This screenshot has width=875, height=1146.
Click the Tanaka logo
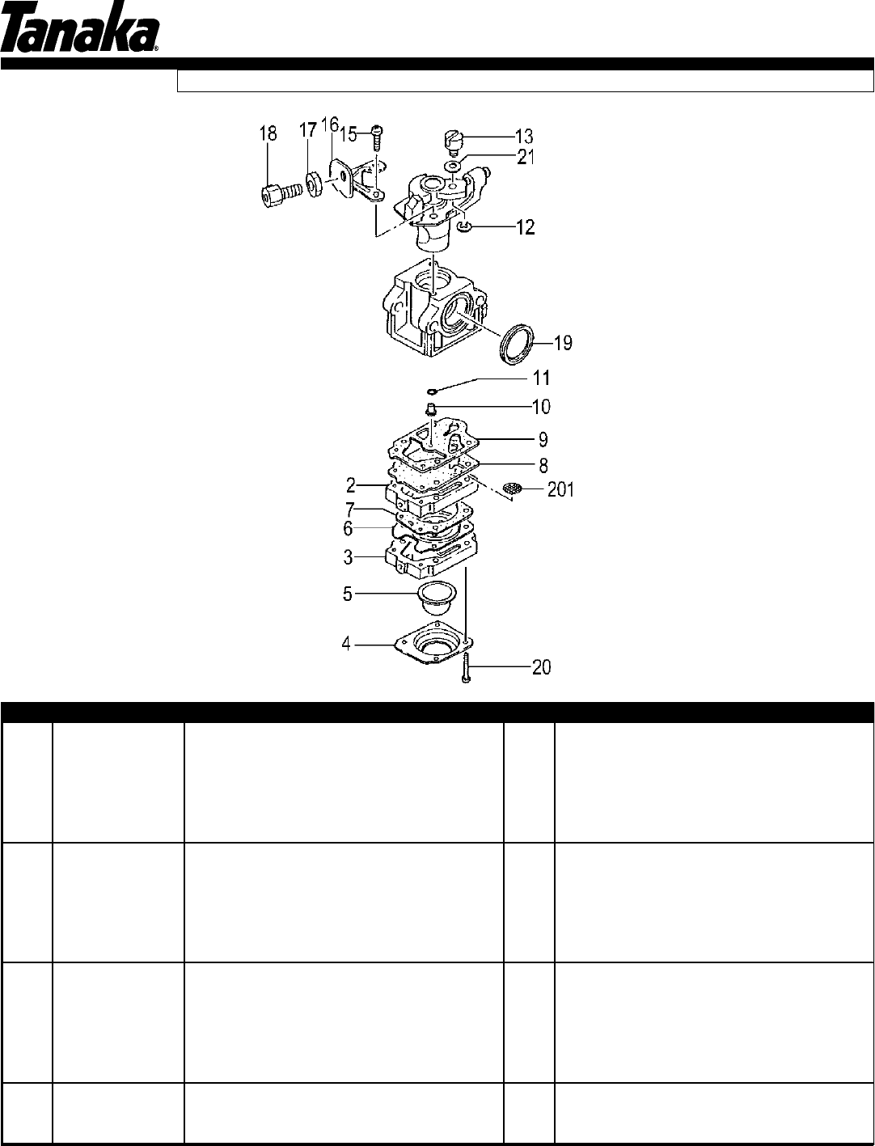[x=79, y=28]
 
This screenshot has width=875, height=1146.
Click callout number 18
[x=268, y=133]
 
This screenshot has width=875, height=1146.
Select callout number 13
[x=524, y=136]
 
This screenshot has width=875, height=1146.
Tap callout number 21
[x=525, y=157]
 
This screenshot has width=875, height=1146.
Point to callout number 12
[x=525, y=227]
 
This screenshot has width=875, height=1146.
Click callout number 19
[x=563, y=343]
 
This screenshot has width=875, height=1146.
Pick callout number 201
[x=560, y=490]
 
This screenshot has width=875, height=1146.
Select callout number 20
[x=541, y=667]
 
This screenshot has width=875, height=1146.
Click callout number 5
[x=348, y=594]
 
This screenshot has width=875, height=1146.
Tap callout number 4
[x=346, y=645]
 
